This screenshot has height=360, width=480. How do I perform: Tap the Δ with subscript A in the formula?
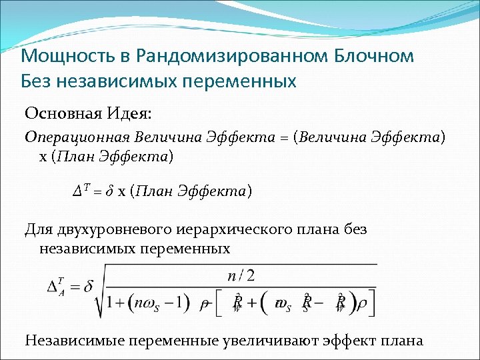(x=56, y=287)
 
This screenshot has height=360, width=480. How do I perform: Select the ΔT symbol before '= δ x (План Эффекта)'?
(x=79, y=191)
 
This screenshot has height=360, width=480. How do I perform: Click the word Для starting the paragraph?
(x=37, y=230)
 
